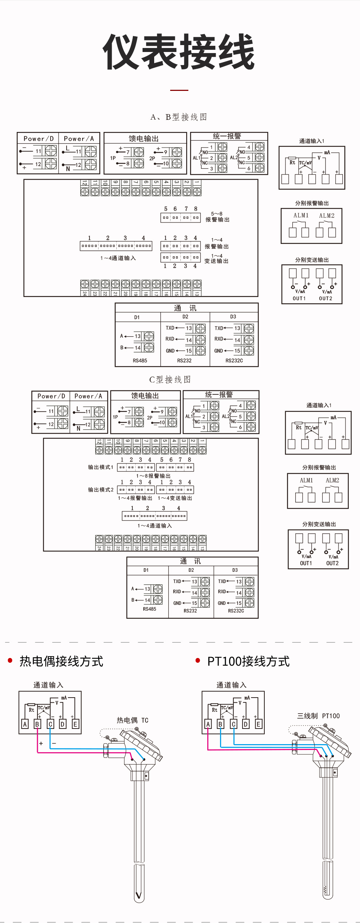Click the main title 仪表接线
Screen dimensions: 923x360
pyautogui.click(x=179, y=52)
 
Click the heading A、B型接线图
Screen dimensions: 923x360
pyautogui.click(x=179, y=117)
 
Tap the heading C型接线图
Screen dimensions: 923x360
pyautogui.click(x=170, y=380)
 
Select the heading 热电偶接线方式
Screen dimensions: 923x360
pyautogui.click(x=61, y=661)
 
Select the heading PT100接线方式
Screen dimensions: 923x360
pyautogui.click(x=248, y=661)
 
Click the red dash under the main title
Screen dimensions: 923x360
pyautogui.click(x=179, y=90)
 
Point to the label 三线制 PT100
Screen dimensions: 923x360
pyautogui.click(x=318, y=716)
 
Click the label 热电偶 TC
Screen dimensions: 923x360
pyautogui.click(x=132, y=720)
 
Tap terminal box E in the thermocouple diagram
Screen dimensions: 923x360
pyautogui.click(x=75, y=724)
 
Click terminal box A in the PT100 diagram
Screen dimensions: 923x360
pyautogui.click(x=208, y=724)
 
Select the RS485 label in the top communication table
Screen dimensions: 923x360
pyautogui.click(x=140, y=361)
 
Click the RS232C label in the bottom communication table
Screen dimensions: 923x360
pyautogui.click(x=236, y=611)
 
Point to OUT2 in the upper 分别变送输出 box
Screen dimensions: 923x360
pyautogui.click(x=325, y=298)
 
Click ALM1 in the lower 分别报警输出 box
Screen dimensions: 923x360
pyautogui.click(x=306, y=480)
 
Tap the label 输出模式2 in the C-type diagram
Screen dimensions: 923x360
pyautogui.click(x=101, y=490)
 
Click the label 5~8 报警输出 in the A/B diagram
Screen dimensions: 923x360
pyautogui.click(x=217, y=217)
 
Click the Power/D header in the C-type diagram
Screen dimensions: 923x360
pyautogui.click(x=51, y=396)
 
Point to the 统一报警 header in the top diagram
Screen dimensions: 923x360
pyautogui.click(x=227, y=136)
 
